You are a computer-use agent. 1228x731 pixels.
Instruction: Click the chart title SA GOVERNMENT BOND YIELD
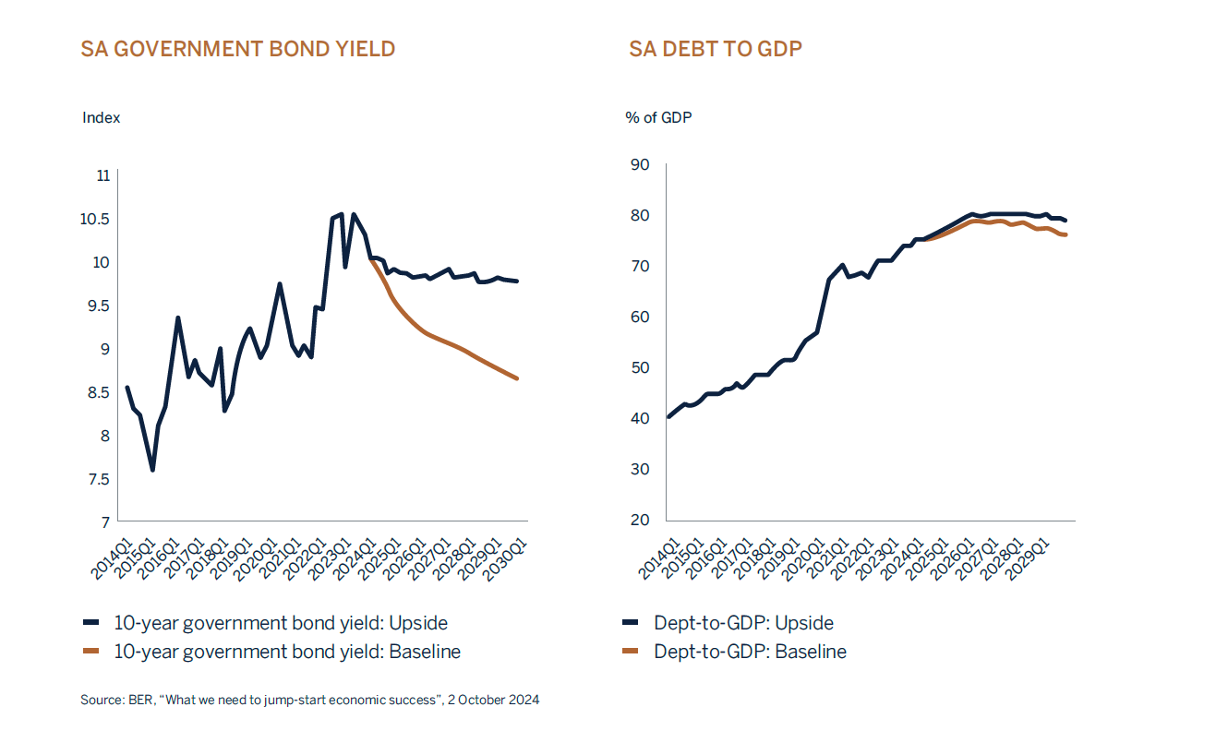(x=238, y=49)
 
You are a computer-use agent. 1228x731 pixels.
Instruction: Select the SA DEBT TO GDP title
(x=716, y=49)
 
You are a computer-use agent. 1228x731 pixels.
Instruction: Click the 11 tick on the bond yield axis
(x=102, y=175)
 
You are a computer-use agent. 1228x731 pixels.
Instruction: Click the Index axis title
(x=101, y=118)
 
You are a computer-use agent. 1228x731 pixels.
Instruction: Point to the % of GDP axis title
(x=658, y=118)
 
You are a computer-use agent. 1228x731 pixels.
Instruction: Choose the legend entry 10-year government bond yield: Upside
(x=281, y=623)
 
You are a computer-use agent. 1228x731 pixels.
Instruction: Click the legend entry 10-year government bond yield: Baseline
(x=286, y=652)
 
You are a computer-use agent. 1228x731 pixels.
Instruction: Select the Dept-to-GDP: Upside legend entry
(x=743, y=623)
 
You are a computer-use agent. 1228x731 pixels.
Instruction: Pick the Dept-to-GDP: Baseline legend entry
(x=750, y=652)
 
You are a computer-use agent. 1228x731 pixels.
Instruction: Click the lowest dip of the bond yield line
(x=152, y=470)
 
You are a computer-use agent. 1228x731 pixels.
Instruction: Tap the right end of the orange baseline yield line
(x=517, y=378)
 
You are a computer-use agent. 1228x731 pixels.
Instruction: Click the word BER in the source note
(x=138, y=701)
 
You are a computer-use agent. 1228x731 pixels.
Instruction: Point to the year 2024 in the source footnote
(x=524, y=701)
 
